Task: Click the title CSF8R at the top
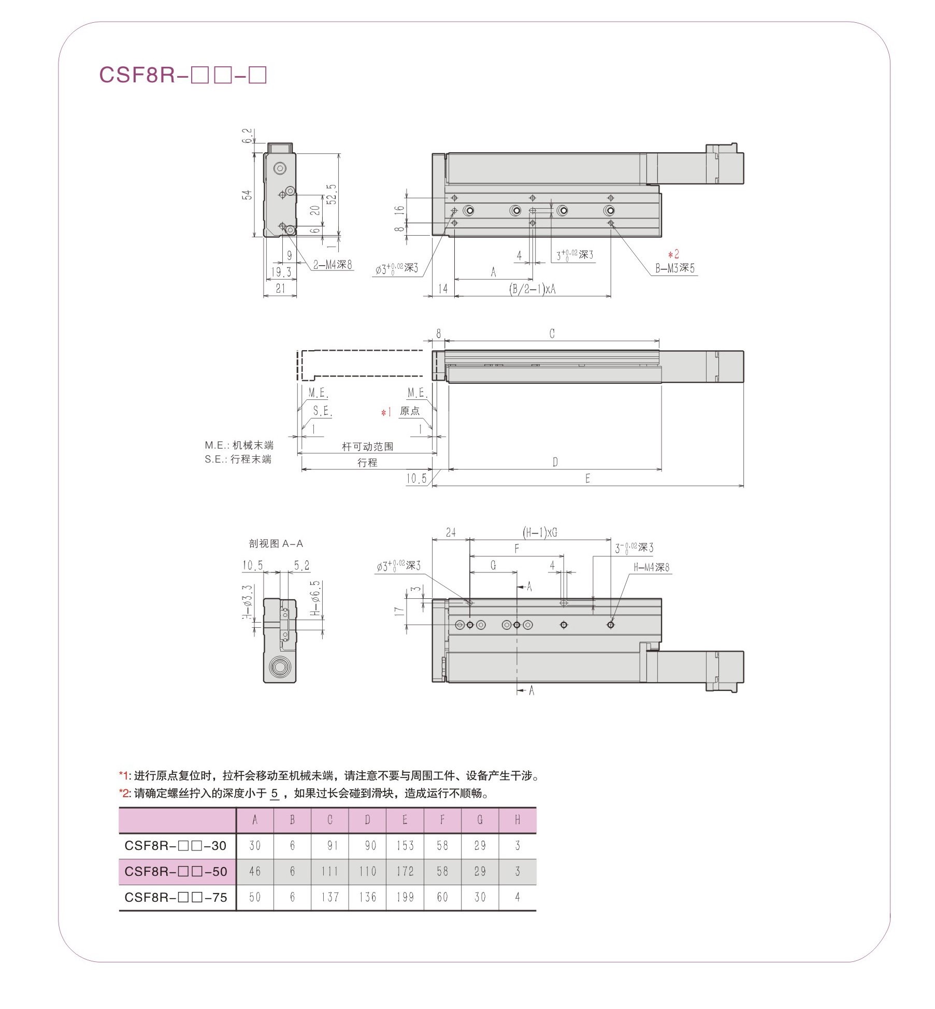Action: (182, 75)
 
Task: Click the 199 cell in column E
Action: (405, 897)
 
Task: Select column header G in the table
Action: (480, 820)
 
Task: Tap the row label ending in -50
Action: (176, 871)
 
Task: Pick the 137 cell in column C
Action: (329, 897)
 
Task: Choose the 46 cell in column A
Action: (254, 871)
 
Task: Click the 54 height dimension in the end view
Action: (248, 195)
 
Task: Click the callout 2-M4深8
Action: (332, 265)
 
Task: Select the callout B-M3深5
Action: (675, 268)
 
